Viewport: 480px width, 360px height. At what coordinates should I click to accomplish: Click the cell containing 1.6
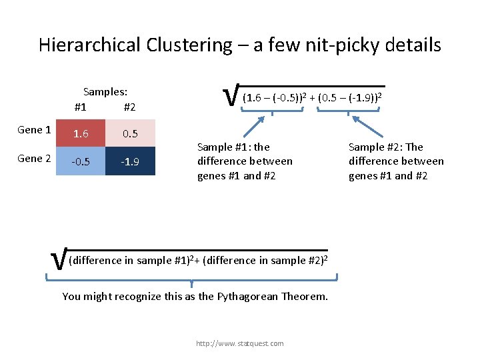[81, 133]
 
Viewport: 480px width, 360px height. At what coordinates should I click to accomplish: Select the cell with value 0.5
[130, 133]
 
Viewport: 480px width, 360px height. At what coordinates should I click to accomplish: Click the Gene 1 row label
[35, 130]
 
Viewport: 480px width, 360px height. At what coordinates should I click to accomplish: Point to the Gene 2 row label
[35, 159]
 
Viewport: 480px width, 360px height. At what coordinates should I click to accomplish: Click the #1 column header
[81, 107]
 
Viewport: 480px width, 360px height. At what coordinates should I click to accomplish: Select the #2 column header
[130, 107]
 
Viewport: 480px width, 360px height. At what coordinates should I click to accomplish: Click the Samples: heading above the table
[105, 92]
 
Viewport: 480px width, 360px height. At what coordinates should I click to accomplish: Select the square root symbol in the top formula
[231, 97]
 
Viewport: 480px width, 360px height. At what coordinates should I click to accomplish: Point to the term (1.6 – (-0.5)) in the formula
[272, 98]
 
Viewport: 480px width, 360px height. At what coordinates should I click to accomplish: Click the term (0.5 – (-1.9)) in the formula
[348, 98]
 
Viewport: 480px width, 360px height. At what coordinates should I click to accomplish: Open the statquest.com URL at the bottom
[239, 343]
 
